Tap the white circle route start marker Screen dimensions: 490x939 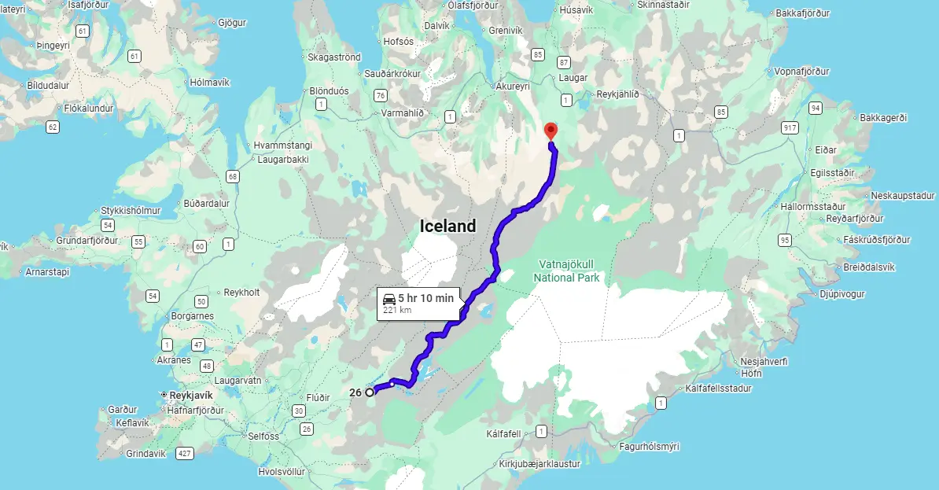(370, 392)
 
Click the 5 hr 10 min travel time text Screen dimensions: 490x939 (425, 298)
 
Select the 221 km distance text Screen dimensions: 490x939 (397, 310)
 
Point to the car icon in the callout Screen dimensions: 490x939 (389, 298)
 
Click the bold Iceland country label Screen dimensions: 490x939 (447, 227)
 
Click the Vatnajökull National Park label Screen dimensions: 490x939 (566, 271)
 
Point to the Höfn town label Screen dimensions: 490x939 (752, 374)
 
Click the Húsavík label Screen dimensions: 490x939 (576, 10)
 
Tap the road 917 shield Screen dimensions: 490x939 (790, 127)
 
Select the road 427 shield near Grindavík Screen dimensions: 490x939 (185, 453)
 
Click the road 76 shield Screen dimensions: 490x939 (381, 95)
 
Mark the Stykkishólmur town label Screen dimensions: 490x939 (131, 211)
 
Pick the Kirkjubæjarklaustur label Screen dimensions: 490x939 (539, 464)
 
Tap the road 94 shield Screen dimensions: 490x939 (816, 108)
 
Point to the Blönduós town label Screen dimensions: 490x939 (329, 91)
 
